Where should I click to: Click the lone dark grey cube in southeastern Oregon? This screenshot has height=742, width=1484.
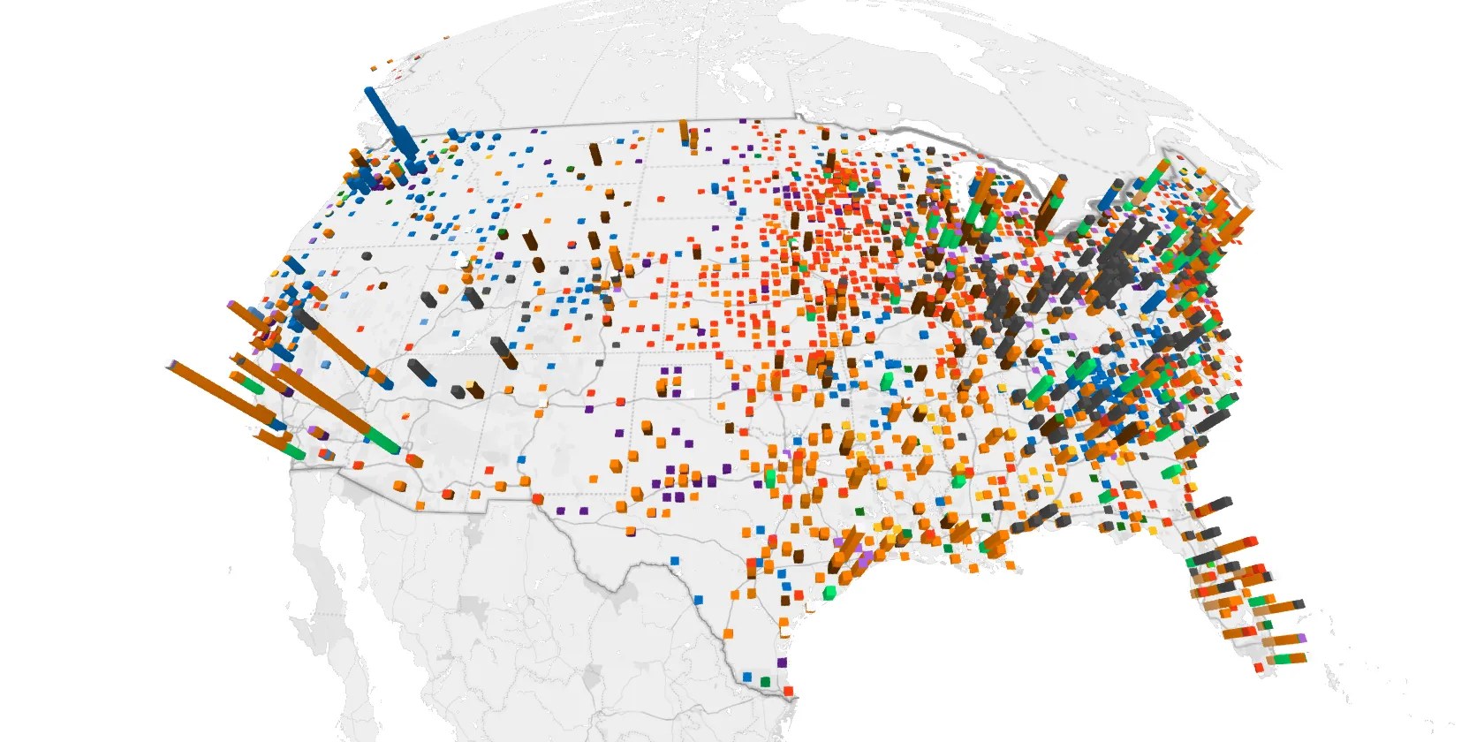point(366,256)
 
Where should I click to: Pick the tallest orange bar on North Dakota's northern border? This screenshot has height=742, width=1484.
point(684,131)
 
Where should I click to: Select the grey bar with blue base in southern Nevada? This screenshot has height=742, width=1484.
point(422,371)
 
